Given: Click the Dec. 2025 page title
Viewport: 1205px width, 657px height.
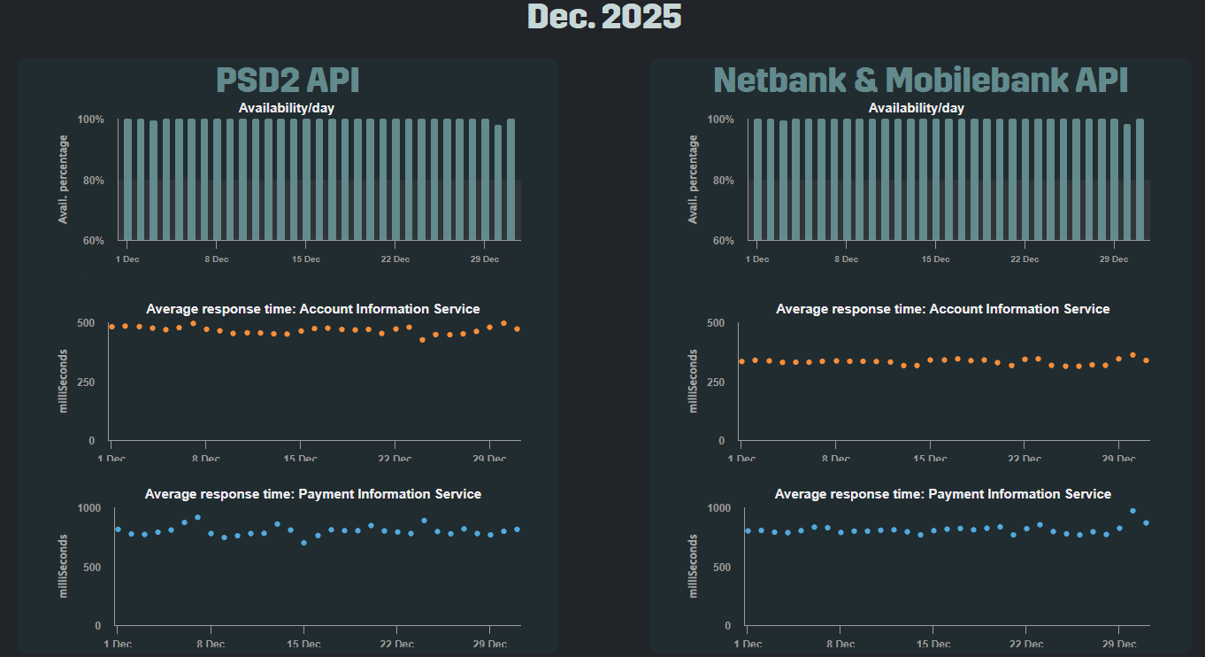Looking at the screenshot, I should pos(604,16).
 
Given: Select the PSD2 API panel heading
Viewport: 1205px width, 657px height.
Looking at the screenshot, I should pos(288,81).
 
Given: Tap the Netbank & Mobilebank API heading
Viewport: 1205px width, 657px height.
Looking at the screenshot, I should pos(920,81).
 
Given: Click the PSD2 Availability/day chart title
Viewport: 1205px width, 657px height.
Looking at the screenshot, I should pos(287,108).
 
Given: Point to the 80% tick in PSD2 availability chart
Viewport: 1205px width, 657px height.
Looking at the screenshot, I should pos(91,181).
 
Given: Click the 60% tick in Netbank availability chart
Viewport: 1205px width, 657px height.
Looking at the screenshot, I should pos(721,241).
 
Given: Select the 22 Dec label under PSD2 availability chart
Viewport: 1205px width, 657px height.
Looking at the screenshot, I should pos(395,259).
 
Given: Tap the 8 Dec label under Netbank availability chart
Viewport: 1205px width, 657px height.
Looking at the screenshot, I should pos(847,259).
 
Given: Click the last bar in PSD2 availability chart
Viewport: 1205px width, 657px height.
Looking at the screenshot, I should pos(510,179).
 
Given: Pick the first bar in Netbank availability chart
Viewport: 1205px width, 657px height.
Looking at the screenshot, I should pos(757,179).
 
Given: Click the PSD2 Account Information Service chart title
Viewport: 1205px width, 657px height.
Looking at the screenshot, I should pos(313,309).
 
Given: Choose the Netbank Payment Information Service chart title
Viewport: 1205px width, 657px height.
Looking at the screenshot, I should pos(943,494).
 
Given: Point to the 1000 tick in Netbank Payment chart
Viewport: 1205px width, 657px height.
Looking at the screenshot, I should pos(718,508).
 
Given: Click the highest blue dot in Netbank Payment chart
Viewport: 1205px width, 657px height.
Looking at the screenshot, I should pos(1132,511).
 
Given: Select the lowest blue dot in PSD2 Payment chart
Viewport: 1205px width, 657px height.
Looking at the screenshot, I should pos(303,543).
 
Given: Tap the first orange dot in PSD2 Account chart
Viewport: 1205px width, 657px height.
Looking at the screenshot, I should pos(111,327).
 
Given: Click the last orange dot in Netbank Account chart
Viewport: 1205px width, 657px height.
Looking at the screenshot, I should pos(1146,360).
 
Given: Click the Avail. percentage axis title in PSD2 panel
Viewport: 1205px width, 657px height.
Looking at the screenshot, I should pos(64,180).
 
